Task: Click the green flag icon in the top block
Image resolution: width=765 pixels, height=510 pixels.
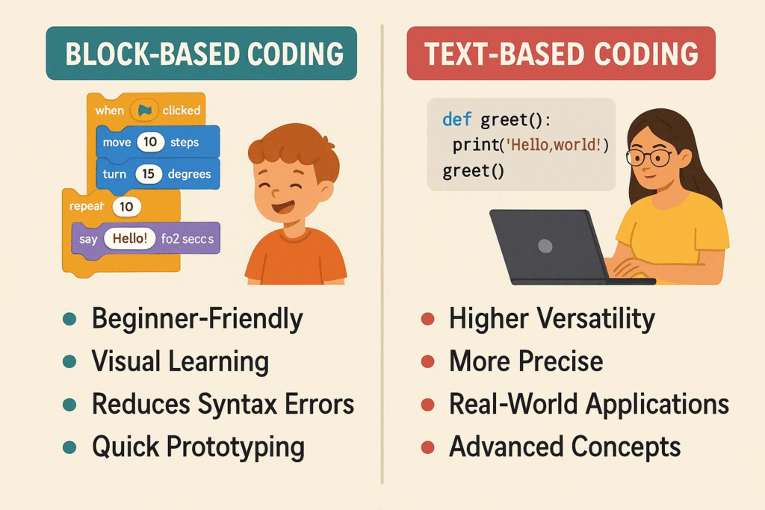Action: click(x=144, y=111)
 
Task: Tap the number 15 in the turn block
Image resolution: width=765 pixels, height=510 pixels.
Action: click(x=149, y=174)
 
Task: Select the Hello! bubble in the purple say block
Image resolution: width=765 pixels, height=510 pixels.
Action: click(x=130, y=238)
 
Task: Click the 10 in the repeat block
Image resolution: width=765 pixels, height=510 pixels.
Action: click(x=126, y=207)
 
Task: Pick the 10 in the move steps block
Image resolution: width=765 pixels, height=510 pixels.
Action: click(x=150, y=142)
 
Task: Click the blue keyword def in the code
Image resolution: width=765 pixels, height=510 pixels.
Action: click(x=456, y=119)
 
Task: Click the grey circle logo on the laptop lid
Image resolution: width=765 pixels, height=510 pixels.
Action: click(x=545, y=246)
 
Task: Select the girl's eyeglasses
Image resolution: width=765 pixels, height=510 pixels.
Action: click(x=649, y=157)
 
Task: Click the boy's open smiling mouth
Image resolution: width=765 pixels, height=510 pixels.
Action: click(x=282, y=207)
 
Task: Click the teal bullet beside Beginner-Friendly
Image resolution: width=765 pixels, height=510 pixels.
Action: click(x=69, y=319)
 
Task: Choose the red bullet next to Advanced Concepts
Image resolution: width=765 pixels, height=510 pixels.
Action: click(x=428, y=447)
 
